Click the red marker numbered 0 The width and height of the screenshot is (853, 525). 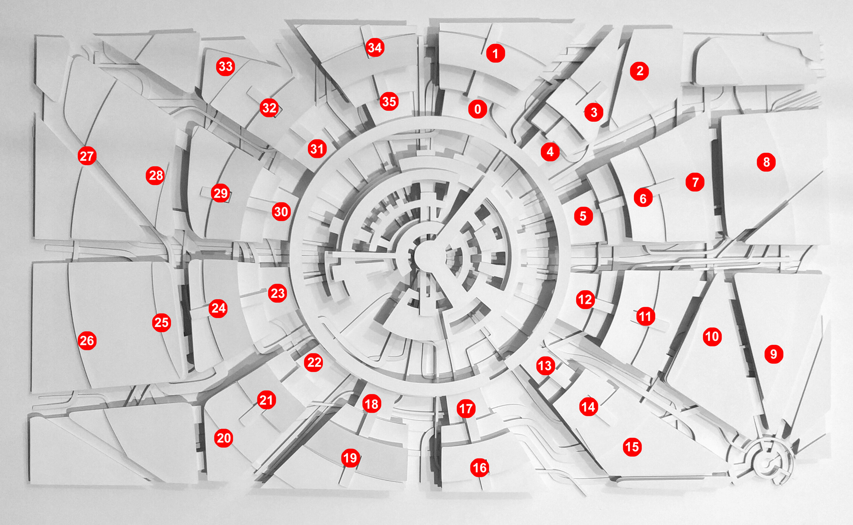478,109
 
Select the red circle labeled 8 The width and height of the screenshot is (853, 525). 766,162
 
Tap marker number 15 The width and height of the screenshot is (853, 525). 632,447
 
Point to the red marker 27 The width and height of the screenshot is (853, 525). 87,156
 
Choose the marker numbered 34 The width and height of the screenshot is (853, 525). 375,47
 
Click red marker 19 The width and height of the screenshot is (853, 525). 350,458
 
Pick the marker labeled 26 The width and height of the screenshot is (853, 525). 87,341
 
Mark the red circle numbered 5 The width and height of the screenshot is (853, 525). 583,216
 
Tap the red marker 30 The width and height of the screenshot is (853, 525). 281,212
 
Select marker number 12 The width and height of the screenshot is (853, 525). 585,300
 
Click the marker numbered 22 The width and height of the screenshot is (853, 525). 314,362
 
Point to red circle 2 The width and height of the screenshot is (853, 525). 639,71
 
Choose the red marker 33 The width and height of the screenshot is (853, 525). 226,66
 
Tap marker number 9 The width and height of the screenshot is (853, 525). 774,354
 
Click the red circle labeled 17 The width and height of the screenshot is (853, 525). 466,409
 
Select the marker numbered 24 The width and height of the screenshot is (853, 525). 218,308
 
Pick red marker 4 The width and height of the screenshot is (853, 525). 550,152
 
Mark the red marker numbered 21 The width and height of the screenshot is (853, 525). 267,400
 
